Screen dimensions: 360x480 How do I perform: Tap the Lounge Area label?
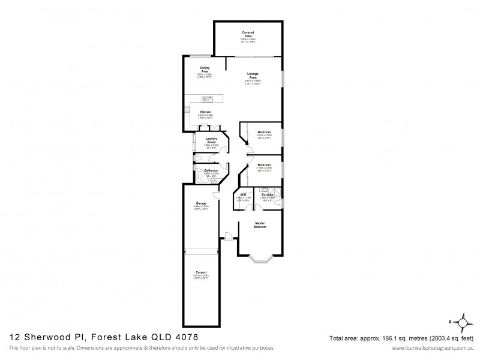point(253,76)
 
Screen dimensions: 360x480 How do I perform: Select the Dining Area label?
point(205,70)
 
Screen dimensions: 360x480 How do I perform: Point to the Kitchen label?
point(206,112)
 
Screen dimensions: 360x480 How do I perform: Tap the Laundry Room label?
point(211,140)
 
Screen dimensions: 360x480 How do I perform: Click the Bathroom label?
point(211,170)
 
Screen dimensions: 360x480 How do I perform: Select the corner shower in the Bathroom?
point(199,175)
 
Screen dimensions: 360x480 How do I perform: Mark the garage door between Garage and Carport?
point(201,250)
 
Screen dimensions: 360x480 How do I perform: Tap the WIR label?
point(244,194)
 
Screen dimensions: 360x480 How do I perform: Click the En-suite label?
point(267,194)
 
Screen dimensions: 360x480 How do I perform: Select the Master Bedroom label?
point(260,226)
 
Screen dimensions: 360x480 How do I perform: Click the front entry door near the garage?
point(229,235)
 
